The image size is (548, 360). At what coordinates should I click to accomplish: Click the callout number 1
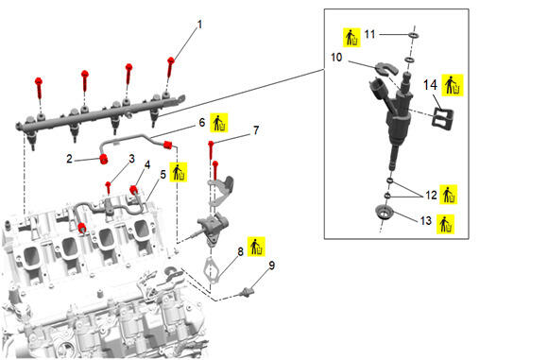(199, 25)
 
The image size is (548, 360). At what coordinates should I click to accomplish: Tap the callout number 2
(70, 159)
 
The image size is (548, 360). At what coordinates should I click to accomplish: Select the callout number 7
(256, 130)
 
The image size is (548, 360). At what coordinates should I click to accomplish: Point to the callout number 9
(271, 266)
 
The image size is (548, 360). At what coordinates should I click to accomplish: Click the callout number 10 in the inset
(336, 57)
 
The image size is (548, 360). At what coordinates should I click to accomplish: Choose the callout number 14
(430, 85)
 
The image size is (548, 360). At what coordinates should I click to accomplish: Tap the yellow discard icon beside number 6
(219, 123)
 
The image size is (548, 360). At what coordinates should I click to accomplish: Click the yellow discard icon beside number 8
(256, 247)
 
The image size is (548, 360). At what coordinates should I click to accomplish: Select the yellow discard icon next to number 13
(445, 224)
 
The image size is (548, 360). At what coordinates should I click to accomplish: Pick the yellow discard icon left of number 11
(351, 38)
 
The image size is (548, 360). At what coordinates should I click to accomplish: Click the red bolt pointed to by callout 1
(171, 67)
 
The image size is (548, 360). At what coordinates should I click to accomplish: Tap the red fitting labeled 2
(104, 159)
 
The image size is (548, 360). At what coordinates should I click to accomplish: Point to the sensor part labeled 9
(247, 292)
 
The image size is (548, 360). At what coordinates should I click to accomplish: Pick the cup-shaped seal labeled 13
(384, 213)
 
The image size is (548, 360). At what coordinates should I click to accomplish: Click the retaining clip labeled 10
(386, 69)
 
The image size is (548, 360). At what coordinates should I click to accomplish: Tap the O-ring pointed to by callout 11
(413, 35)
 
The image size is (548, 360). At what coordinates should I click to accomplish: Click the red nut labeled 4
(133, 190)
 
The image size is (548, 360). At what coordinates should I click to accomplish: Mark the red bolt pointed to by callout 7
(211, 150)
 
